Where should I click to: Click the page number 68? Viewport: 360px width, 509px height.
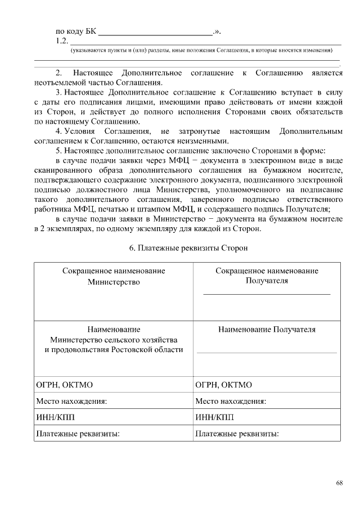[x=339, y=483]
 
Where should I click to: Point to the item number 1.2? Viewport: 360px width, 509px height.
[x=62, y=42]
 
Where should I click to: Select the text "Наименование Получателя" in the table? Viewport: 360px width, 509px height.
[x=267, y=330]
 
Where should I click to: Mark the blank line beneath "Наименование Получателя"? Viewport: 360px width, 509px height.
[x=267, y=352]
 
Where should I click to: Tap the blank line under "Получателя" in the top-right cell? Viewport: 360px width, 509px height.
[x=267, y=294]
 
